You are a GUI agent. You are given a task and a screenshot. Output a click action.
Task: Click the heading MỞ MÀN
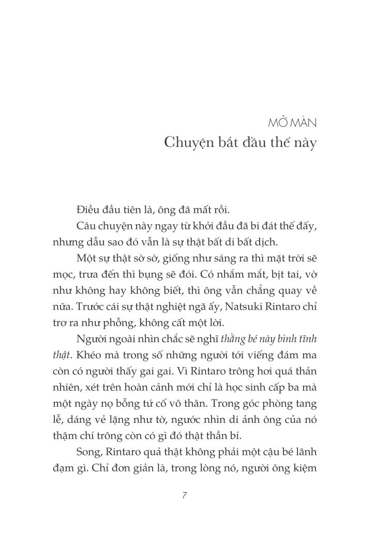(x=293, y=124)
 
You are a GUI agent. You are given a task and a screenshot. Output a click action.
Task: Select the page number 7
(x=185, y=495)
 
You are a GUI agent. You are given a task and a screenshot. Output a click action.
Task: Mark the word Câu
(x=85, y=226)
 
